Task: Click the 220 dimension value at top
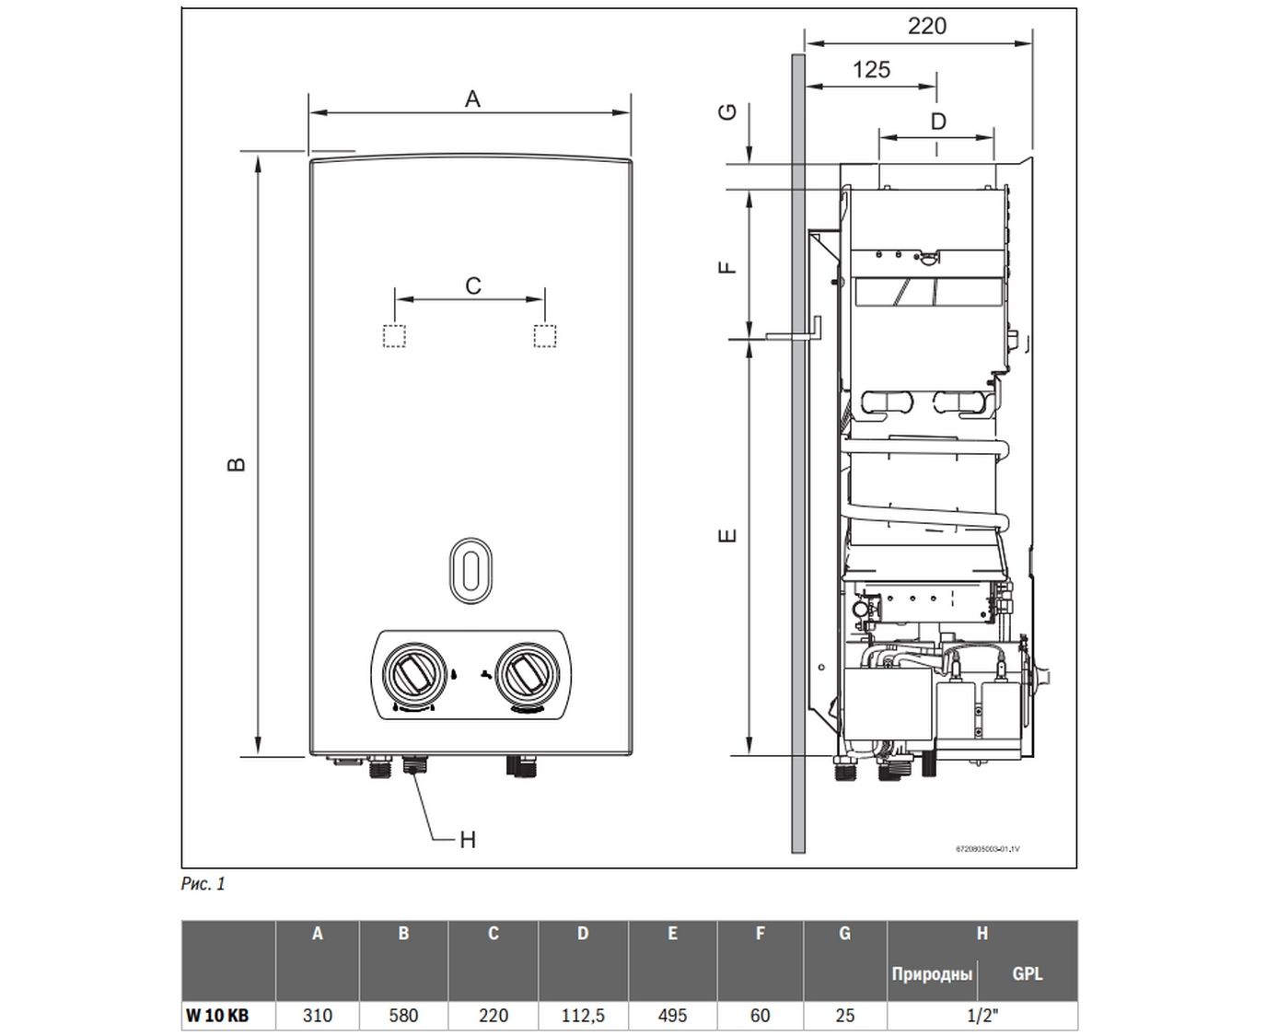[x=926, y=26]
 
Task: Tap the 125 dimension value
[x=871, y=70]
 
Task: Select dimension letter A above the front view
[x=472, y=99]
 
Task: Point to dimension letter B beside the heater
[x=237, y=463]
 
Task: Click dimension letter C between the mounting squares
[x=472, y=285]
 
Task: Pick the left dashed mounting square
[x=394, y=336]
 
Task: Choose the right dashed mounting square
[x=545, y=336]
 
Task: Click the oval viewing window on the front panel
[x=470, y=571]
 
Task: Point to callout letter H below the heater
[x=468, y=840]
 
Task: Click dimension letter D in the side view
[x=937, y=121]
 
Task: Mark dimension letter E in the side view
[x=727, y=534]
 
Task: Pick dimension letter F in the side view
[x=727, y=267]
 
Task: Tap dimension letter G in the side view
[x=727, y=111]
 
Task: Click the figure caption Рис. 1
[x=203, y=884]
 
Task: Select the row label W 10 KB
[x=216, y=1016]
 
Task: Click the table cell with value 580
[x=403, y=1016]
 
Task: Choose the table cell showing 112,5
[x=583, y=1016]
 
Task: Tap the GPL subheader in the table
[x=1027, y=973]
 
